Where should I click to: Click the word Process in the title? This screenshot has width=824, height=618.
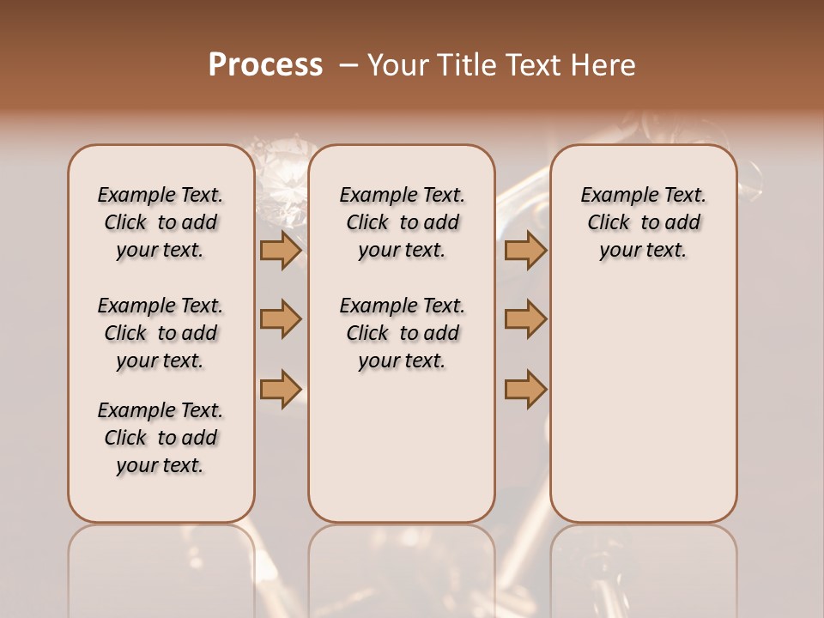pyautogui.click(x=265, y=64)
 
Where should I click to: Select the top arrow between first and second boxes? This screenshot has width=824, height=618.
pyautogui.click(x=281, y=250)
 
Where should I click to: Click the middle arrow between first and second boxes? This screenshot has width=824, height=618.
pyautogui.click(x=281, y=319)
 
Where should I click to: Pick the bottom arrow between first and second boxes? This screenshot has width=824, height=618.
pyautogui.click(x=281, y=389)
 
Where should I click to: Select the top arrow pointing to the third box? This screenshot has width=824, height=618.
pyautogui.click(x=525, y=250)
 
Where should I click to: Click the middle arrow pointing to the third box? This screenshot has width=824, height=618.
pyautogui.click(x=525, y=319)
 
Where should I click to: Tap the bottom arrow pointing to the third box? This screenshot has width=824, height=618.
pyautogui.click(x=525, y=389)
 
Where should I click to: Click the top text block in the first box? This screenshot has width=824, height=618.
pyautogui.click(x=161, y=222)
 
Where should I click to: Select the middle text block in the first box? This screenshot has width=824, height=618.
pyautogui.click(x=161, y=333)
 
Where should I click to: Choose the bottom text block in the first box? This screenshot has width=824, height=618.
pyautogui.click(x=161, y=438)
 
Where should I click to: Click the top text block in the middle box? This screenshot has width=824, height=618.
pyautogui.click(x=402, y=222)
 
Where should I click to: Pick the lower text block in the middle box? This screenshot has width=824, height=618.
pyautogui.click(x=402, y=333)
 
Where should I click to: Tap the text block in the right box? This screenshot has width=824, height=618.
pyautogui.click(x=643, y=222)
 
